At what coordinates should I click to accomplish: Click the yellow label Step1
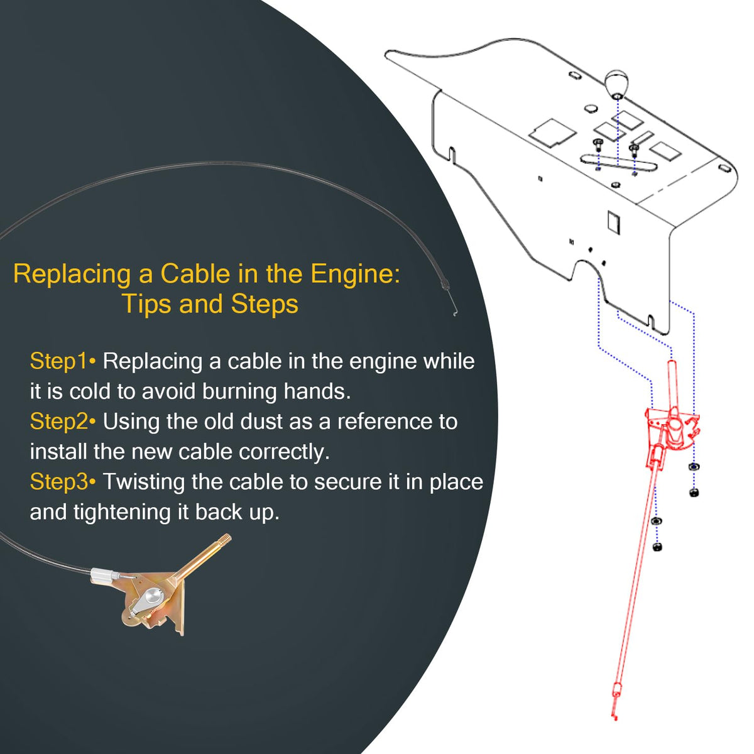[58, 361]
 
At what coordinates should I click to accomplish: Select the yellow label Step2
[58, 422]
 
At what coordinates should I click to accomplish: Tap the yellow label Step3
[58, 482]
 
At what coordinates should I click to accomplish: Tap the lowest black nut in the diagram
[658, 547]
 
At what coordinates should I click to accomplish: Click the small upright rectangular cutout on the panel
[613, 222]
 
